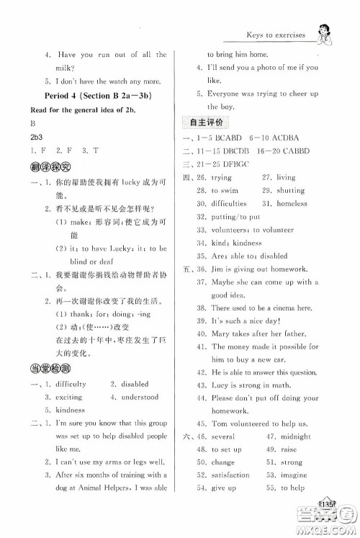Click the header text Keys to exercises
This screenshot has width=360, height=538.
pos(276,35)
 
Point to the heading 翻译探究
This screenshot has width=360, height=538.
pos(44,166)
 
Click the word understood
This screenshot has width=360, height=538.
pos(140,398)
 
